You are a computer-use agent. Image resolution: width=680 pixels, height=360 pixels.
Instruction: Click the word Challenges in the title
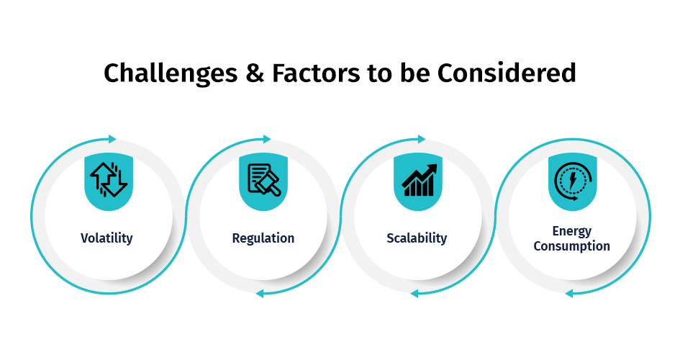click(x=171, y=73)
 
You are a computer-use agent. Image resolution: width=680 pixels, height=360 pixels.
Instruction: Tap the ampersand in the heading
click(x=255, y=73)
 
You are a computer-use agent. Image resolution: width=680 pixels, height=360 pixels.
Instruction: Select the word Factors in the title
click(x=316, y=73)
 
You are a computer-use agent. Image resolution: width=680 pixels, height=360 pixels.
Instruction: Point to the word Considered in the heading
click(x=507, y=73)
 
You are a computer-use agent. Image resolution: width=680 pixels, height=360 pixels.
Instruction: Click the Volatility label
click(x=106, y=238)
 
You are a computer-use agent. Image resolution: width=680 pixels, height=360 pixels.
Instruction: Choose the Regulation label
click(x=263, y=238)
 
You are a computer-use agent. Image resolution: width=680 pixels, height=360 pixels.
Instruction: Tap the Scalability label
click(x=417, y=238)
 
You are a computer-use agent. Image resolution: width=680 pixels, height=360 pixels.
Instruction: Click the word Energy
click(x=571, y=231)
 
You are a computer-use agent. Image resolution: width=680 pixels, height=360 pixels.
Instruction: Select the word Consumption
click(x=571, y=246)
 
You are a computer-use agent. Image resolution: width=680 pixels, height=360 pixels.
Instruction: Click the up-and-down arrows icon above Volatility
click(x=109, y=179)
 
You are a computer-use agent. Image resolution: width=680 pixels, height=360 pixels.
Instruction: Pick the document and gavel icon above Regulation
click(x=263, y=179)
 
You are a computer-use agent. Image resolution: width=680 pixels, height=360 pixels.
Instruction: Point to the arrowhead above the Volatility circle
click(x=112, y=139)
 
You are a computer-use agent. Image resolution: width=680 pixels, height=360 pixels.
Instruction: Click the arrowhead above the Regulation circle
click(x=267, y=139)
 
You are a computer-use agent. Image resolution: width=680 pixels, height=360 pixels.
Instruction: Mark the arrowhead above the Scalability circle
click(x=422, y=139)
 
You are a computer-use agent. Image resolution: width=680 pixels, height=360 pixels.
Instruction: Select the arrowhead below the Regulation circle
click(x=260, y=294)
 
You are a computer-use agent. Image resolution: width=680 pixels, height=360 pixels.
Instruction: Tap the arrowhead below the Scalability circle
click(x=414, y=294)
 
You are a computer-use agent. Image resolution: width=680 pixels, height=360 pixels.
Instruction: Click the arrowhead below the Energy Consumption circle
click(x=569, y=294)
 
